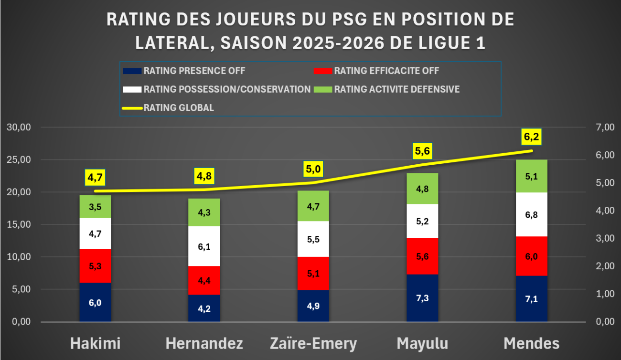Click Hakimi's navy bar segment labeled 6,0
(x=95, y=302)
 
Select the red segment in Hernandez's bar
(x=204, y=280)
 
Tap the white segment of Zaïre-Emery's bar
(x=313, y=239)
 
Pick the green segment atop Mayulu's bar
(x=422, y=189)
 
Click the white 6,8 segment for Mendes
(x=532, y=214)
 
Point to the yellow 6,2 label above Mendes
(x=532, y=137)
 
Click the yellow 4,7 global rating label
(x=95, y=177)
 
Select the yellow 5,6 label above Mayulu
(x=422, y=151)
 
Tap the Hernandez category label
(x=204, y=343)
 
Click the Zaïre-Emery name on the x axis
(x=313, y=343)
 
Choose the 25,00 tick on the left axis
(x=19, y=159)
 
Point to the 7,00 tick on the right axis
(x=605, y=127)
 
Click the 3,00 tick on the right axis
(x=605, y=238)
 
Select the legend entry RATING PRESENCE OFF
(x=184, y=71)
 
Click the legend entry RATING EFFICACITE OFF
(x=376, y=71)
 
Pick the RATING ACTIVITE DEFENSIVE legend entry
(x=387, y=89)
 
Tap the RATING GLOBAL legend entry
(x=168, y=108)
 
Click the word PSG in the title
(x=349, y=20)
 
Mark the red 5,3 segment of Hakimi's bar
(x=95, y=266)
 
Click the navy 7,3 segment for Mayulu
(x=422, y=298)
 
